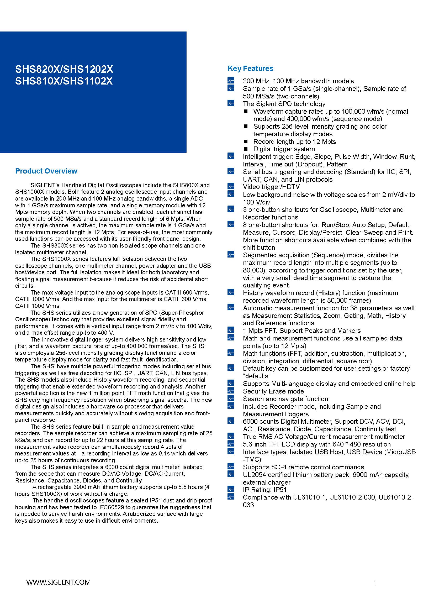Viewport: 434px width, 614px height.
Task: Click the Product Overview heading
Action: [x=46, y=171]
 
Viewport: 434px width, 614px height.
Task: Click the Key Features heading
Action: [x=250, y=69]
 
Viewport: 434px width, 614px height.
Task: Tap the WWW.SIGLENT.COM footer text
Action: [x=58, y=582]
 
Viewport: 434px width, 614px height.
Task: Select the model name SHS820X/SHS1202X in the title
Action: [x=64, y=70]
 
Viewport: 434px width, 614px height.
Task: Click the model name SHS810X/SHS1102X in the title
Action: [x=64, y=81]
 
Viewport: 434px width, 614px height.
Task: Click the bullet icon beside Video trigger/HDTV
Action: [x=231, y=186]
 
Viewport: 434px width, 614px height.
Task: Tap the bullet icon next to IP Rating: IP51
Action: [x=231, y=489]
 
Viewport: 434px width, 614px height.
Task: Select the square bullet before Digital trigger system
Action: [x=246, y=149]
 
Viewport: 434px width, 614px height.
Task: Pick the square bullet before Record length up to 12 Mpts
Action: [x=246, y=141]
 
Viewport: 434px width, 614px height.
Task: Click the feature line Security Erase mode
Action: [x=273, y=391]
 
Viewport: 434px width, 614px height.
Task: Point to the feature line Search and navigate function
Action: [x=285, y=399]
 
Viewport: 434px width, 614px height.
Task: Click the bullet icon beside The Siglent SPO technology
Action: [x=231, y=103]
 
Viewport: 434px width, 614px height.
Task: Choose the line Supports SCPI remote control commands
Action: [x=303, y=467]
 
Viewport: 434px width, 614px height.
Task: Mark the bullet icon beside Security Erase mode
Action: [x=231, y=391]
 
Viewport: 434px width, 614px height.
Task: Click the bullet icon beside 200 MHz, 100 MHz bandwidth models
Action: [x=231, y=80]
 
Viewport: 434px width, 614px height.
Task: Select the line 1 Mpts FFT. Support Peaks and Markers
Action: [x=302, y=330]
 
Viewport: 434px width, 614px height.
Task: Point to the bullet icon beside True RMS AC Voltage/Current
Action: [x=231, y=436]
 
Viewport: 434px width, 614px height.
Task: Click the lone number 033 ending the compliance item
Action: [x=248, y=505]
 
